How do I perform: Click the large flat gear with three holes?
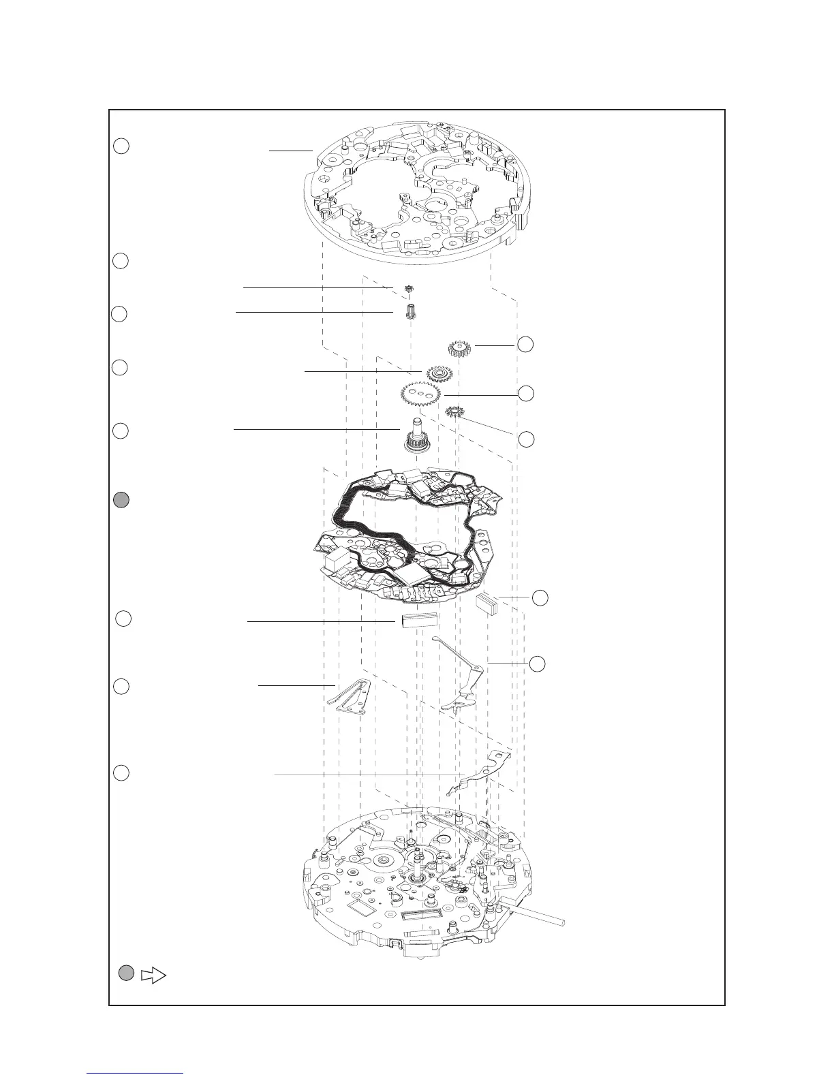pyautogui.click(x=420, y=394)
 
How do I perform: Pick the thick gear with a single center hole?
pyautogui.click(x=461, y=349)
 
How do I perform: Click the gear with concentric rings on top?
pyautogui.click(x=439, y=373)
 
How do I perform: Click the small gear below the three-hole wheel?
pyautogui.click(x=454, y=412)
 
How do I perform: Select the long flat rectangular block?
pyautogui.click(x=418, y=621)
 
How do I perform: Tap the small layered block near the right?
pyautogui.click(x=487, y=604)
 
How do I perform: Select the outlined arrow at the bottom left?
pyautogui.click(x=154, y=975)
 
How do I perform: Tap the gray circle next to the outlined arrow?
pyautogui.click(x=125, y=973)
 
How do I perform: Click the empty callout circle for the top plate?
pyautogui.click(x=121, y=146)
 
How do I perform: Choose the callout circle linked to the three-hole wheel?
pyautogui.click(x=525, y=393)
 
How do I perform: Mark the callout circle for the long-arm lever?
pyautogui.click(x=538, y=663)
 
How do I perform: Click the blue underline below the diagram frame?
pyautogui.click(x=136, y=1074)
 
